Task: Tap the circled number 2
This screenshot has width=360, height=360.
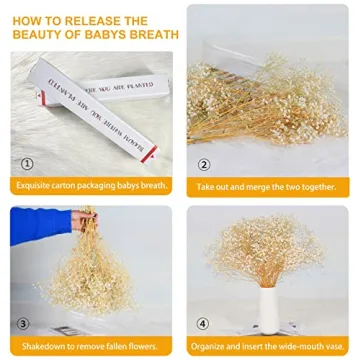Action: click(203, 164)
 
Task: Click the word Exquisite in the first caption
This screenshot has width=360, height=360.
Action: click(37, 187)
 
